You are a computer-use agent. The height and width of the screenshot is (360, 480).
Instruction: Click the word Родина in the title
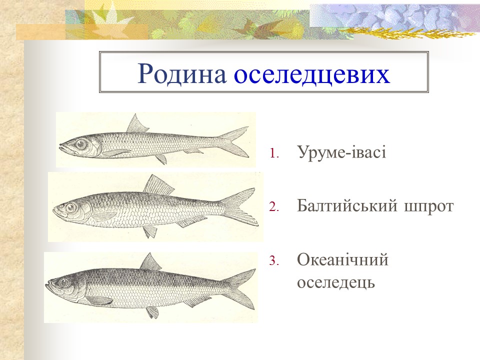(x=182, y=73)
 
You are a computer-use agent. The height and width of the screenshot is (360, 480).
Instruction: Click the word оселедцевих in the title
(x=312, y=73)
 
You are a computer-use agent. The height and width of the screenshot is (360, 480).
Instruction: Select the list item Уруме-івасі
(x=341, y=152)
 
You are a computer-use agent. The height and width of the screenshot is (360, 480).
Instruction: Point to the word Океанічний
(x=342, y=260)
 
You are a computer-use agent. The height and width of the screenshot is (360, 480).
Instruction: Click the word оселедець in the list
(x=335, y=282)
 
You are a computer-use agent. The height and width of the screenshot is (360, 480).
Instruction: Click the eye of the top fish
(x=80, y=144)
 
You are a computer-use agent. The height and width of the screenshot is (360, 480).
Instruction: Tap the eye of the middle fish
(x=71, y=207)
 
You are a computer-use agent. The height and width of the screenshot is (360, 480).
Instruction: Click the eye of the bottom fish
(x=63, y=283)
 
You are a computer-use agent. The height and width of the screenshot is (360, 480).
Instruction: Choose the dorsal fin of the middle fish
(x=156, y=186)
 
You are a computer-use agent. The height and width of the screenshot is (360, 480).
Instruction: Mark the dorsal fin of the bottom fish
(x=149, y=263)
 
